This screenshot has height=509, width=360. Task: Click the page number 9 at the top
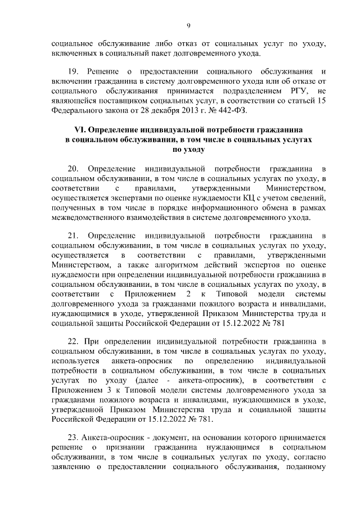[189, 25]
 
